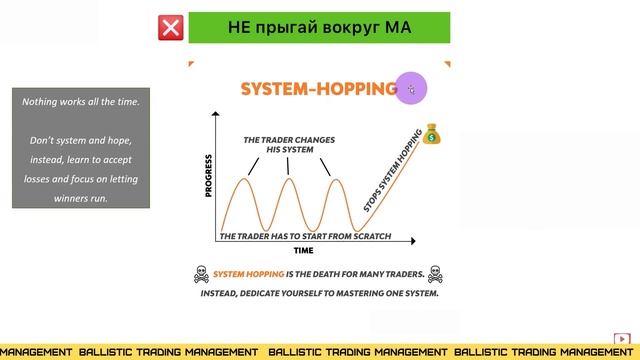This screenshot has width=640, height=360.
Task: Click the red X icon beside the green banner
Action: pos(171,28)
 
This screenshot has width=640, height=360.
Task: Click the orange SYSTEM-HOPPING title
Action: pos(318,89)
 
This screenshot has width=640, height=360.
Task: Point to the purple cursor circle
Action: pos(411,87)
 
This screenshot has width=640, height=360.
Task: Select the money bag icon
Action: pos(433,135)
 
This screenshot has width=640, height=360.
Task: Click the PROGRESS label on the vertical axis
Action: pos(209,176)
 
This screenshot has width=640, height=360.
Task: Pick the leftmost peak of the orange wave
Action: pos(243,179)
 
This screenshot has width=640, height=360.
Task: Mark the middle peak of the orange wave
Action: pos(289,179)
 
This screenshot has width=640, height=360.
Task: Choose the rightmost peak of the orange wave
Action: pos(335,179)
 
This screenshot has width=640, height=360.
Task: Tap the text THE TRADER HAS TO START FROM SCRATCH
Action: pos(304,237)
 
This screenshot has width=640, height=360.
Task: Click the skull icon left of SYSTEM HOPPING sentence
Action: pos(200,273)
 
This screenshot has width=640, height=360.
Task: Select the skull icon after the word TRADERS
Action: pos(434,273)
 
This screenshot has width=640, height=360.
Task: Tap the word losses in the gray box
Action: pos(46,179)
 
